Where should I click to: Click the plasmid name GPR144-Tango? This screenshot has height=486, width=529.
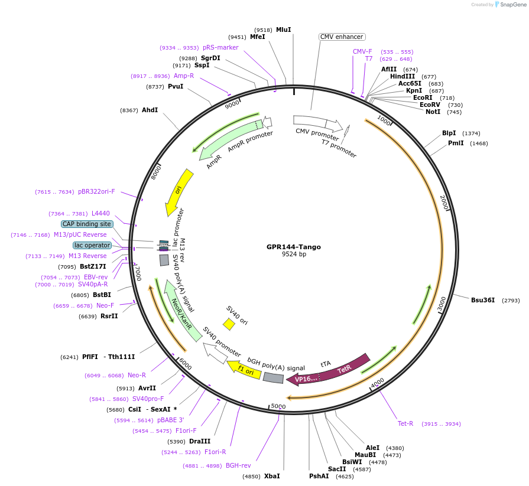point(294,247)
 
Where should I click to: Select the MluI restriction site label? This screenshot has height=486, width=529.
point(284,30)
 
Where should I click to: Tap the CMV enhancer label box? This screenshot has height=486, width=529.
point(342,37)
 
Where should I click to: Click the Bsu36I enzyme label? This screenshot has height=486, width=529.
point(483,300)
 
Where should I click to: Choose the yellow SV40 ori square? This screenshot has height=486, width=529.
point(229,324)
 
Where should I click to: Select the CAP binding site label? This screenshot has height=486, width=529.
point(87,224)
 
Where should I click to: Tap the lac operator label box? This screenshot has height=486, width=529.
point(92,245)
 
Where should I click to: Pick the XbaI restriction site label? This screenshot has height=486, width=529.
point(272,476)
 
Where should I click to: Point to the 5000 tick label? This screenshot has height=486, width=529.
point(278,407)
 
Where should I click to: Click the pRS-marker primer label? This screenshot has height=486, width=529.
point(220,47)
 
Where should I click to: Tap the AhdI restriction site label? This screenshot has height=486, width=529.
point(150,110)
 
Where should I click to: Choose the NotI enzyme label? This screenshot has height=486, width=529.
point(433,112)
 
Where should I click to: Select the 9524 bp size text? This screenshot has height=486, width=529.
point(294,255)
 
